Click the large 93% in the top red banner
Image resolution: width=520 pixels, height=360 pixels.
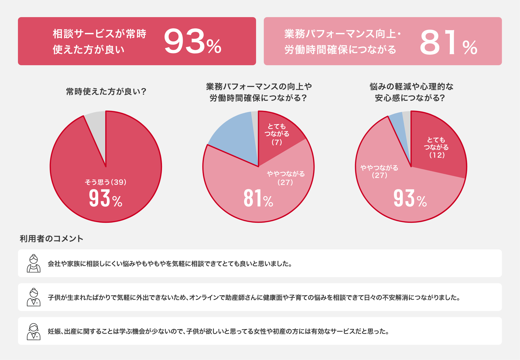click(192, 41)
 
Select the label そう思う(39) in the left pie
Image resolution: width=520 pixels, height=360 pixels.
click(105, 182)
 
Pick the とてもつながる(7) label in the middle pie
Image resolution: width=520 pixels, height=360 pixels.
click(277, 134)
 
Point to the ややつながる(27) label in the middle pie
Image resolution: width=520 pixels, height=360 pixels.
click(286, 178)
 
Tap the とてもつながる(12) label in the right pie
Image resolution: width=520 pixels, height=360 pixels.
click(436, 148)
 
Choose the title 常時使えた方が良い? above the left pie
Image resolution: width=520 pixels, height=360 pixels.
click(106, 92)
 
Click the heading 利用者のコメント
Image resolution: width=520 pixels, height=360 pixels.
click(51, 239)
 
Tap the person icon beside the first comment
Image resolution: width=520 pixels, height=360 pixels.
click(33, 263)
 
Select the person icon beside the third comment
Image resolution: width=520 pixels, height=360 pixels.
click(33, 331)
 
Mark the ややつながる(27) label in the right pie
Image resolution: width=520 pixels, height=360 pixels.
click(379, 171)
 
